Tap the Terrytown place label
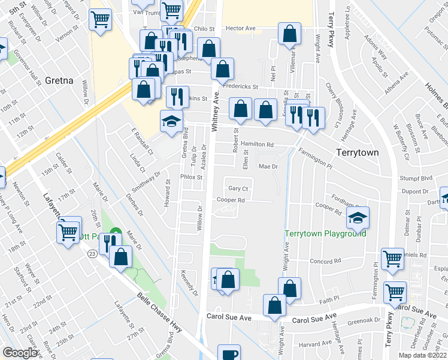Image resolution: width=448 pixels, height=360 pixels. click(x=357, y=152)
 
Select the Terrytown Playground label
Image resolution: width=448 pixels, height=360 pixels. click(x=325, y=233)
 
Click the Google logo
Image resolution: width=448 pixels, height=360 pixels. click(x=20, y=353)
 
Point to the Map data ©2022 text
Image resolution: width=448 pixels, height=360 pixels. click(x=422, y=355)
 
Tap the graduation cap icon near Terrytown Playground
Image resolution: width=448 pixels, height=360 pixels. click(x=358, y=218)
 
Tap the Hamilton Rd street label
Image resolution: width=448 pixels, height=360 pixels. click(x=261, y=145)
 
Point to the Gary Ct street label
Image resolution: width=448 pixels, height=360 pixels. click(x=238, y=188)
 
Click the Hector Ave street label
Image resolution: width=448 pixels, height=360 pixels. click(x=241, y=28)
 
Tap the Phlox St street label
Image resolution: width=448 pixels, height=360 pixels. click(x=192, y=178)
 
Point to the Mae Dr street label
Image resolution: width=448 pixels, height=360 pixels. click(x=268, y=166)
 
